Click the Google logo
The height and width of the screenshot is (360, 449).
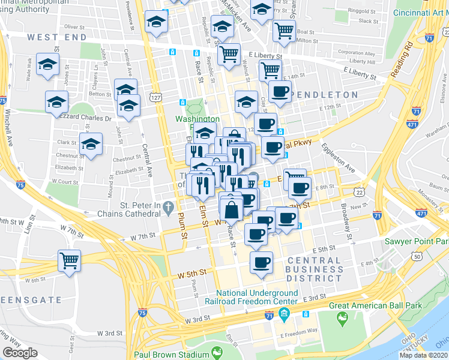[20, 353]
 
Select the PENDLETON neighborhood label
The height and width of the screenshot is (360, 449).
[324, 95]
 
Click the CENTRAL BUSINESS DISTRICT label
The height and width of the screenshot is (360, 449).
[314, 268]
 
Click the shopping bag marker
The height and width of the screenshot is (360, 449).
[231, 211]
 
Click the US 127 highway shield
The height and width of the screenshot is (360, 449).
[155, 97]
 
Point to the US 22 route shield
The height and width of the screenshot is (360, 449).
[359, 191]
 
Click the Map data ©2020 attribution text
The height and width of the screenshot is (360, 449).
[423, 355]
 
